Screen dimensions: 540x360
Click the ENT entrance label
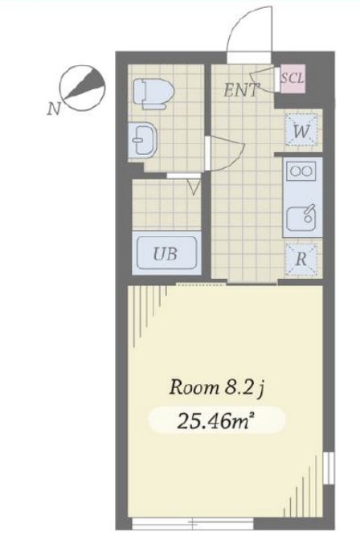point(241,90)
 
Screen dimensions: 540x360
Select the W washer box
point(303,129)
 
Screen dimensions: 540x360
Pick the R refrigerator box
point(301,258)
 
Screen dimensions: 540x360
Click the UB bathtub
point(166,255)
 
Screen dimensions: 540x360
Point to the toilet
point(152,92)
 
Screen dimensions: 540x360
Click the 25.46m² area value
point(215,419)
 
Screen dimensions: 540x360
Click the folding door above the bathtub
point(193,186)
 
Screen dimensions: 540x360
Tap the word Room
point(190,388)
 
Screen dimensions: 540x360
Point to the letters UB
point(166,255)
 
